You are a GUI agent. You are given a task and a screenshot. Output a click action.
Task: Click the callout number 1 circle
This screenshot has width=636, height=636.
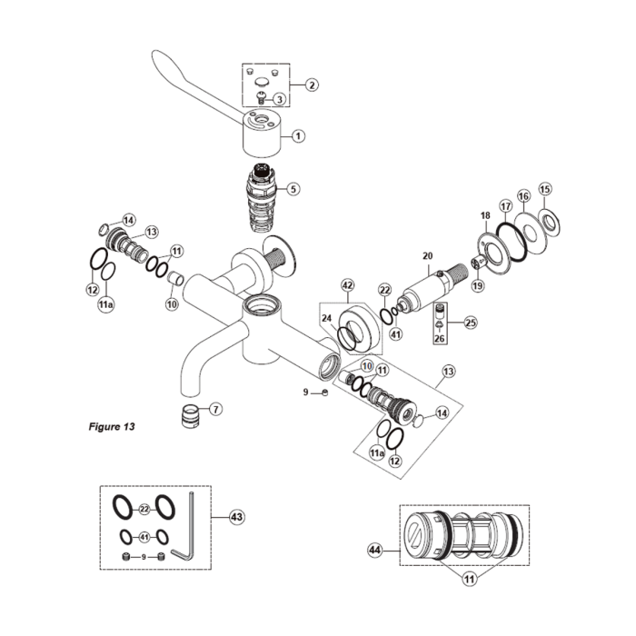coord(297,135)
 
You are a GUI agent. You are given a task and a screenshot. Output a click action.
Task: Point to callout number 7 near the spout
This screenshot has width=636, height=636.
coord(215,409)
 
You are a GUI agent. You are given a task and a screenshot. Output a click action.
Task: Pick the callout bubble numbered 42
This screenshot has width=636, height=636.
coord(346,284)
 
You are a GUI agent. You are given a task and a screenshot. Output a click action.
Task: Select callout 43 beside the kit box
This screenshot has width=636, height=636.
coord(236,517)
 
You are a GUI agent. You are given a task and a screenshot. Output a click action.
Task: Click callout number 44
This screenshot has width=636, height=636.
coord(374,550)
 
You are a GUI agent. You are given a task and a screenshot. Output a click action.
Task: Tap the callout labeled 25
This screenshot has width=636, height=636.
coord(470,322)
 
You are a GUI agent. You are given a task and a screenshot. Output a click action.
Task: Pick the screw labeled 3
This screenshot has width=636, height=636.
coord(263,99)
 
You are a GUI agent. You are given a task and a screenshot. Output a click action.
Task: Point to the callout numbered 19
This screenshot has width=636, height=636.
coord(478,286)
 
